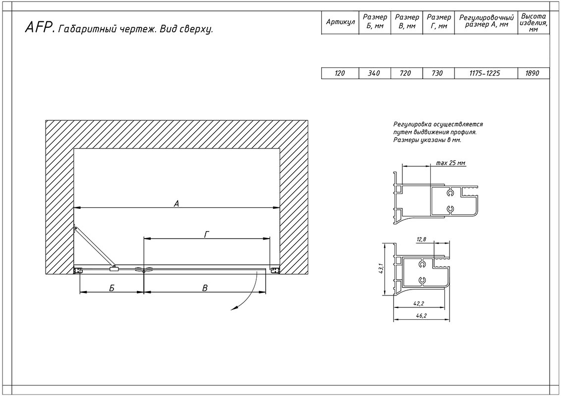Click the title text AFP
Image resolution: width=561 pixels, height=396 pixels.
coord(39,28)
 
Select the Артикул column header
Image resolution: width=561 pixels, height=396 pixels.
coord(340,22)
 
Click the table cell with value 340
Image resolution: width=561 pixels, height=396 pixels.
coord(374,73)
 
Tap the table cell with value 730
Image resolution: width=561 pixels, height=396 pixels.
coord(437,73)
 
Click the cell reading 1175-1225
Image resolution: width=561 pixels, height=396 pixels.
coord(485,73)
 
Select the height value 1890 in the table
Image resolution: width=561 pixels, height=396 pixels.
coord(532,73)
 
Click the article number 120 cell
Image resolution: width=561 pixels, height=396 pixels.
coord(339,73)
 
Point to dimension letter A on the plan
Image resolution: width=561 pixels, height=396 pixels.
coord(176,204)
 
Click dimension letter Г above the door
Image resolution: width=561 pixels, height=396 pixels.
coord(207,235)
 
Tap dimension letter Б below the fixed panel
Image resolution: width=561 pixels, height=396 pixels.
coord(112,288)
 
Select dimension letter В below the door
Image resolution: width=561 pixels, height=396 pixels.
coord(205,288)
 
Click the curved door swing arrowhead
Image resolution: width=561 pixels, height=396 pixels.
coord(234,308)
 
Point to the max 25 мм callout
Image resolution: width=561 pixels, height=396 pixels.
coord(451,163)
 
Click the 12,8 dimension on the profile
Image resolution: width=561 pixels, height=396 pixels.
coord(421,240)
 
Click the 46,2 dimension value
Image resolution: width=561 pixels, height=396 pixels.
coord(421,316)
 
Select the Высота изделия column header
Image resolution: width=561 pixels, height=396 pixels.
coord(533,22)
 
